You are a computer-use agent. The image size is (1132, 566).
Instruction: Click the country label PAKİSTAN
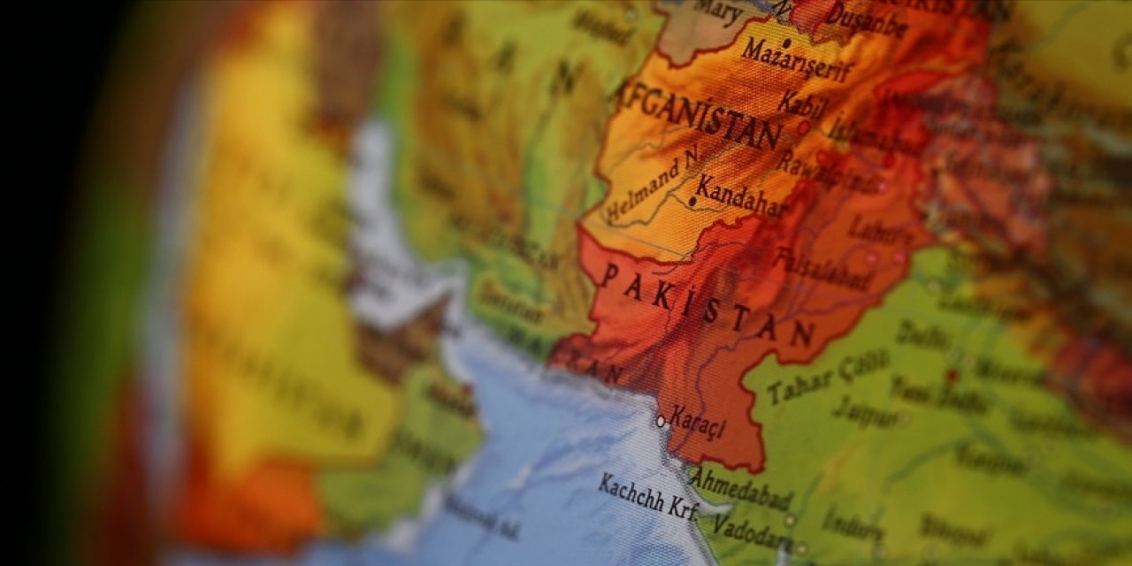tap(707, 305)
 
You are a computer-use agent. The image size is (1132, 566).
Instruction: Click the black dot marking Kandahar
tap(692, 202)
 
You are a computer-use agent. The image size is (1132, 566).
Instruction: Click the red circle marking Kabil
tap(803, 128)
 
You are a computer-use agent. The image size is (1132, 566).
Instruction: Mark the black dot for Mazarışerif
tap(786, 42)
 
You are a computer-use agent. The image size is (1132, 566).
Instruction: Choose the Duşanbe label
tap(867, 19)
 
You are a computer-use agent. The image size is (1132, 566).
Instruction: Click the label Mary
tap(717, 11)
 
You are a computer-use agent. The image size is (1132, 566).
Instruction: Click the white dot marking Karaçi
tap(660, 422)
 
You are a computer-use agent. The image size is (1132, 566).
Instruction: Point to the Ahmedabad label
tap(741, 487)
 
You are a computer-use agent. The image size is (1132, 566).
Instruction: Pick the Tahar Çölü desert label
tap(829, 376)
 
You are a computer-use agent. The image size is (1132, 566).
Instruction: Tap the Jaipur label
tap(866, 409)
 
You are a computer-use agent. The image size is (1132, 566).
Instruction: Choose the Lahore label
tap(881, 232)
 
